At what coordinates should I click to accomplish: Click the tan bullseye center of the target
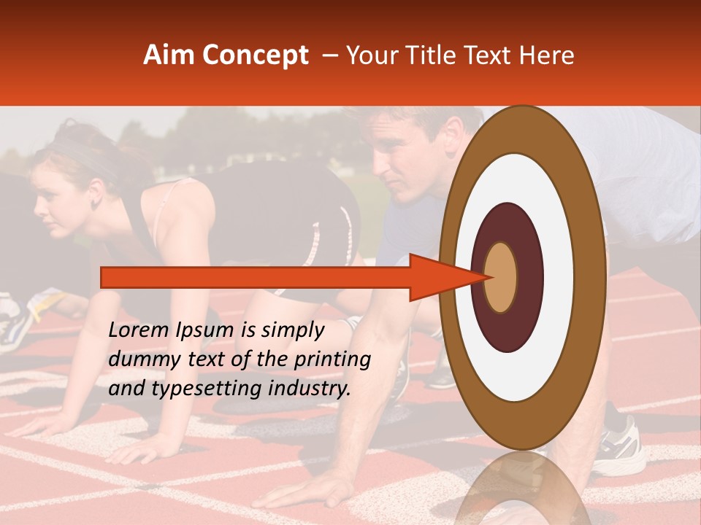(x=501, y=277)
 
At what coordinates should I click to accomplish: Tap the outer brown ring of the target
(x=591, y=277)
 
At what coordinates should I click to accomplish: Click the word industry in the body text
(x=308, y=389)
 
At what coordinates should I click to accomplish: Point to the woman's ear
(x=95, y=198)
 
